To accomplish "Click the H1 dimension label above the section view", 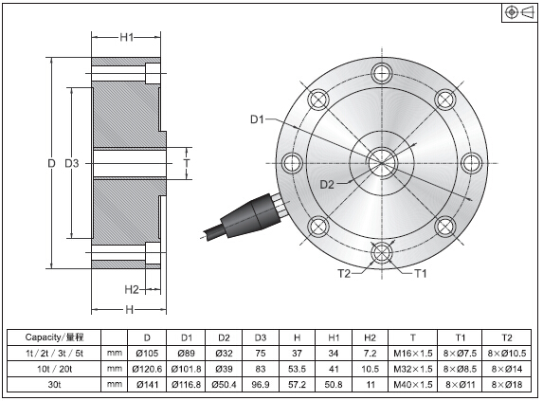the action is click(127, 37).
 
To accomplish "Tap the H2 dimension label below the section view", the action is click(132, 289).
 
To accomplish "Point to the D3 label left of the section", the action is click(72, 163).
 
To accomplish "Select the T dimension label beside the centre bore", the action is click(187, 163).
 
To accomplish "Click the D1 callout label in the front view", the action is click(257, 119).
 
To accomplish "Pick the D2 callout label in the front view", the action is click(327, 185).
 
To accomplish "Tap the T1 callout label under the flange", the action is click(421, 274).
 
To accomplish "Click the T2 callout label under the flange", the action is click(344, 274).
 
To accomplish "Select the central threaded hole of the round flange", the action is click(382, 163).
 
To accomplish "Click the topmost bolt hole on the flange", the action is click(382, 73).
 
